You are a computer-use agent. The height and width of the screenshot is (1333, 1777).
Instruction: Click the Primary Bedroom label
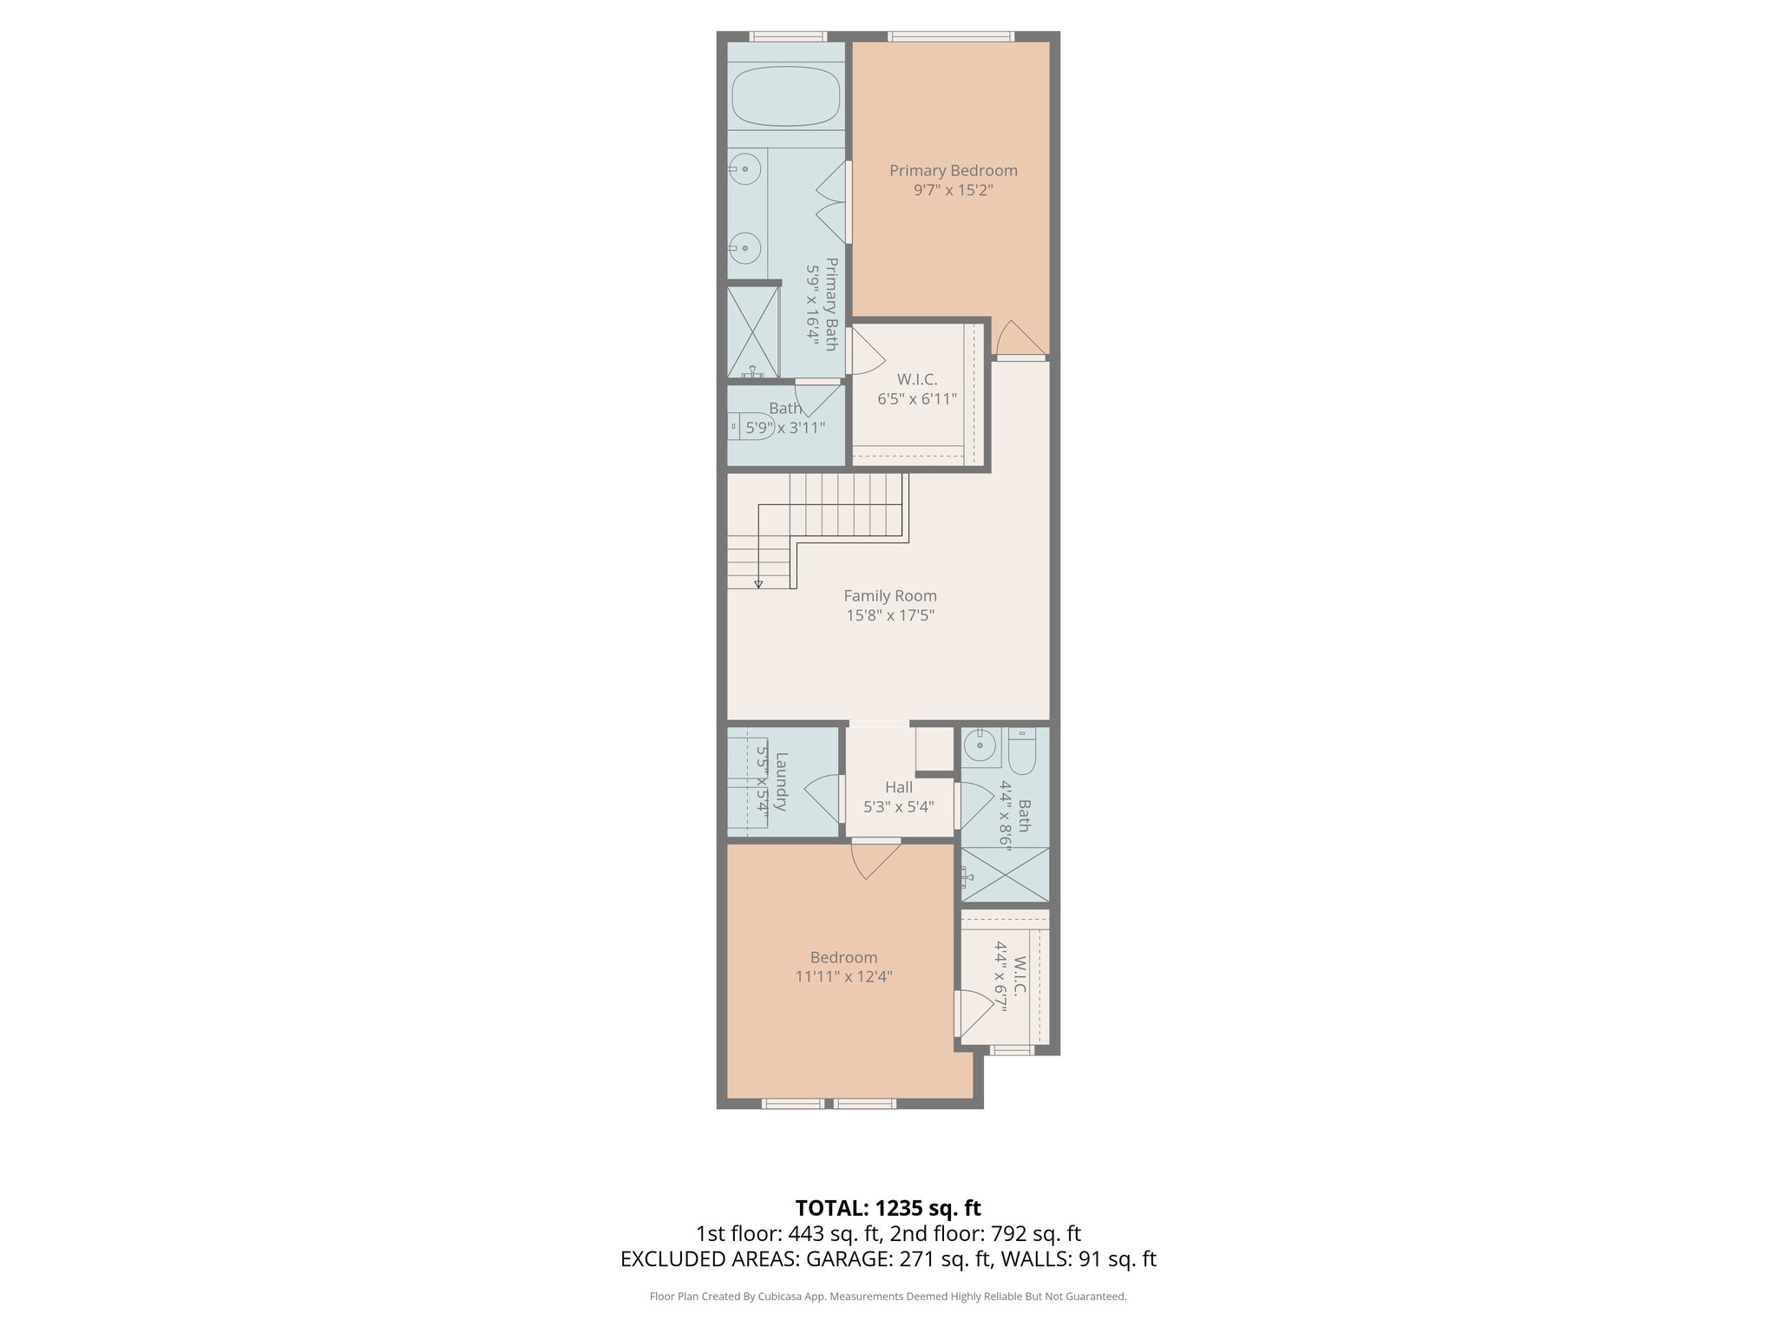953,171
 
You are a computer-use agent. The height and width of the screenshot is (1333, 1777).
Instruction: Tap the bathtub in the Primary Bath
786,97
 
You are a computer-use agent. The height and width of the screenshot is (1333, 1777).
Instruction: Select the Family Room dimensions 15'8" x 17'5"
890,616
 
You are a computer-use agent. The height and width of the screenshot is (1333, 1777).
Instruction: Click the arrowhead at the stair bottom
758,584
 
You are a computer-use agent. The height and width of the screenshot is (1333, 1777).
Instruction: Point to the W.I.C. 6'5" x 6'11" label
917,390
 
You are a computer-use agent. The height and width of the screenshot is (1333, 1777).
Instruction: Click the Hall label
899,787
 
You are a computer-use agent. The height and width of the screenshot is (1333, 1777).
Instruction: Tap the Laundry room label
781,781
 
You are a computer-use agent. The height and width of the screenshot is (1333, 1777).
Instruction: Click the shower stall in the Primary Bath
753,332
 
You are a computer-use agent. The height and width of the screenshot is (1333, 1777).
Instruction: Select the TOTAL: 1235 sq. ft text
888,1208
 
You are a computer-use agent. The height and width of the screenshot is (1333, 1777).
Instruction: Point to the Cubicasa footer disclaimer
888,1297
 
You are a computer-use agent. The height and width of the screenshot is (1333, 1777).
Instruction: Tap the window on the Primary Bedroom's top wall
950,36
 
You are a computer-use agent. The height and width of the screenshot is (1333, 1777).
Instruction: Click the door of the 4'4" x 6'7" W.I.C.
974,1013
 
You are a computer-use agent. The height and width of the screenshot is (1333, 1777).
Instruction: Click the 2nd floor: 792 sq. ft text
986,1234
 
